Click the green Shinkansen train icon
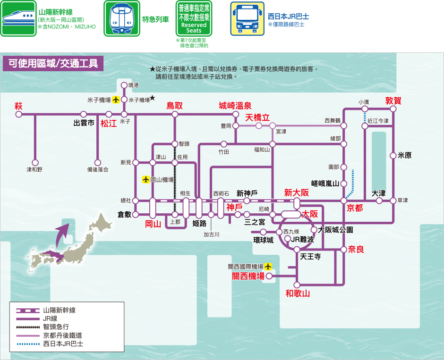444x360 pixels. point(18,18)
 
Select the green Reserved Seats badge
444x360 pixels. point(194,18)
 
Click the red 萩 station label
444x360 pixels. point(18,106)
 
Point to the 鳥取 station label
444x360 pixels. point(174,106)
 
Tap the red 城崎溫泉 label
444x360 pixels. point(235,106)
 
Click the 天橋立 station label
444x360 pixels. point(257,117)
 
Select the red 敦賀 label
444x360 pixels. point(393,100)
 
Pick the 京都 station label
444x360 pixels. point(355,208)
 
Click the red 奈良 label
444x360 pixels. point(356,249)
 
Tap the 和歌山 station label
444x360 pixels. point(298,293)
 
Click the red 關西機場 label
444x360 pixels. point(248,276)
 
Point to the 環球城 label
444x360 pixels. point(263,240)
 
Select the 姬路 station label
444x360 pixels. point(200,223)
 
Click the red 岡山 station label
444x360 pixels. point(153,224)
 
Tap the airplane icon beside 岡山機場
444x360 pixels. point(146,180)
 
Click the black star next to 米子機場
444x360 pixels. point(153,98)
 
